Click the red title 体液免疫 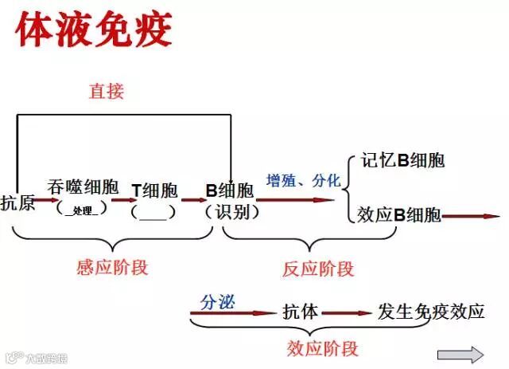[93, 30]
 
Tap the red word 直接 [106, 91]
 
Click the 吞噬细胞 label [83, 187]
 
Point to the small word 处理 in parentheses [83, 210]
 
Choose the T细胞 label [154, 190]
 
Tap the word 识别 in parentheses [231, 212]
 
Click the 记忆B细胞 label [402, 159]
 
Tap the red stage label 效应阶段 [321, 348]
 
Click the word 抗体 [300, 312]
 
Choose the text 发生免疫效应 [430, 312]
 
